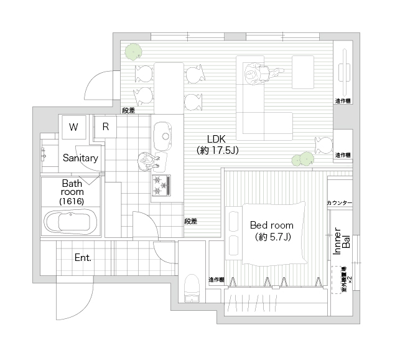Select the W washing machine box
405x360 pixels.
(73, 127)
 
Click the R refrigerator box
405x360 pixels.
(106, 126)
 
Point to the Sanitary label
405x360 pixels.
(80, 158)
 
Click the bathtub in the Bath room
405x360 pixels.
(70, 222)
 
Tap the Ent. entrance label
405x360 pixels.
(83, 257)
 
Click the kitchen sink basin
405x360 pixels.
(164, 133)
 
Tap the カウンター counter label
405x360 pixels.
(339, 204)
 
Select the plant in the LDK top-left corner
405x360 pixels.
(131, 51)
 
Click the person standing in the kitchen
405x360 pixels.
(147, 161)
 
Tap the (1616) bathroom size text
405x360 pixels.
(72, 202)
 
